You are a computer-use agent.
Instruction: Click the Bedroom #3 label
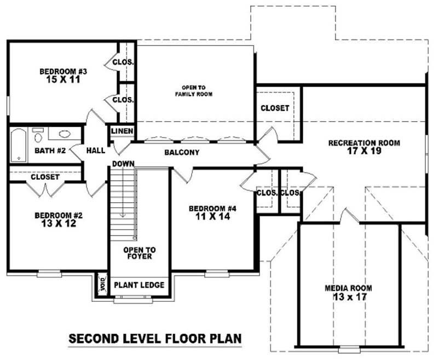point(63,72)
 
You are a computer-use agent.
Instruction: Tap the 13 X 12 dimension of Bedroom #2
point(59,224)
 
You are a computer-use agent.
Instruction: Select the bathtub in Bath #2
point(19,145)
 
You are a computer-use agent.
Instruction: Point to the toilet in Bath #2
point(38,135)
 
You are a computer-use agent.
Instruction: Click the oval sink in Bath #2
point(65,134)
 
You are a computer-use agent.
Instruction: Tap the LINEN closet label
point(122,131)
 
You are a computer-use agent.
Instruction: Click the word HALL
point(95,151)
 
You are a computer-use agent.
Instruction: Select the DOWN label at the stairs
point(123,164)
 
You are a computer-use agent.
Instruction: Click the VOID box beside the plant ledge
point(102,285)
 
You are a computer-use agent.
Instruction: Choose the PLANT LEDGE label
point(139,285)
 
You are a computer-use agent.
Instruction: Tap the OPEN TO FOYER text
point(140,253)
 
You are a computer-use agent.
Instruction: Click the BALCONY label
point(182,152)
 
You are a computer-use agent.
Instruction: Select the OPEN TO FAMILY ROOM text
point(194,91)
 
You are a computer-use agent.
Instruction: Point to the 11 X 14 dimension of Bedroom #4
point(213,216)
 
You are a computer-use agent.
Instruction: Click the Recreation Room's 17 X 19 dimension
point(364,151)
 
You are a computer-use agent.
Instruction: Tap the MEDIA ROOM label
point(348,288)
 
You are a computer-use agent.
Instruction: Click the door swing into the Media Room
point(349,216)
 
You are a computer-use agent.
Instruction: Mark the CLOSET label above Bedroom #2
point(45,177)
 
